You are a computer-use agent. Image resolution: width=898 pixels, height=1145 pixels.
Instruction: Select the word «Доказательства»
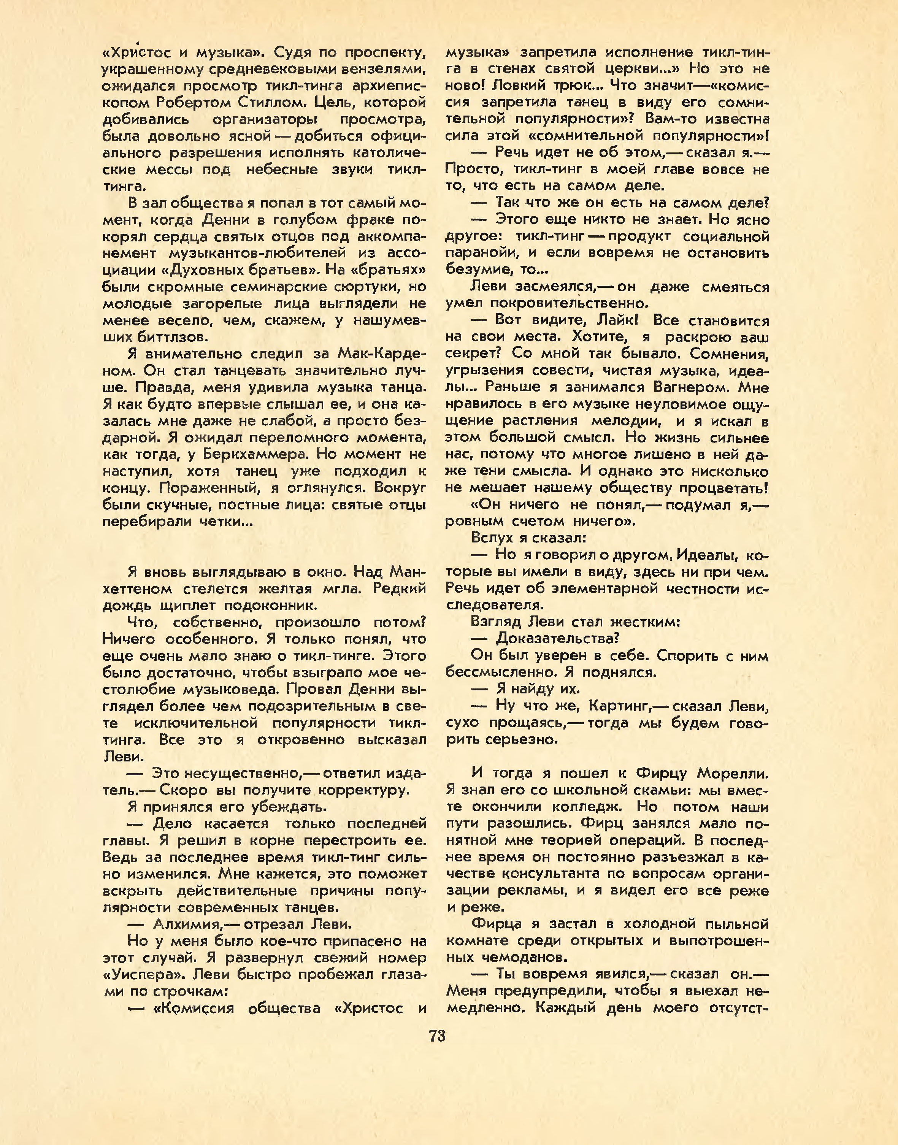(557, 639)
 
